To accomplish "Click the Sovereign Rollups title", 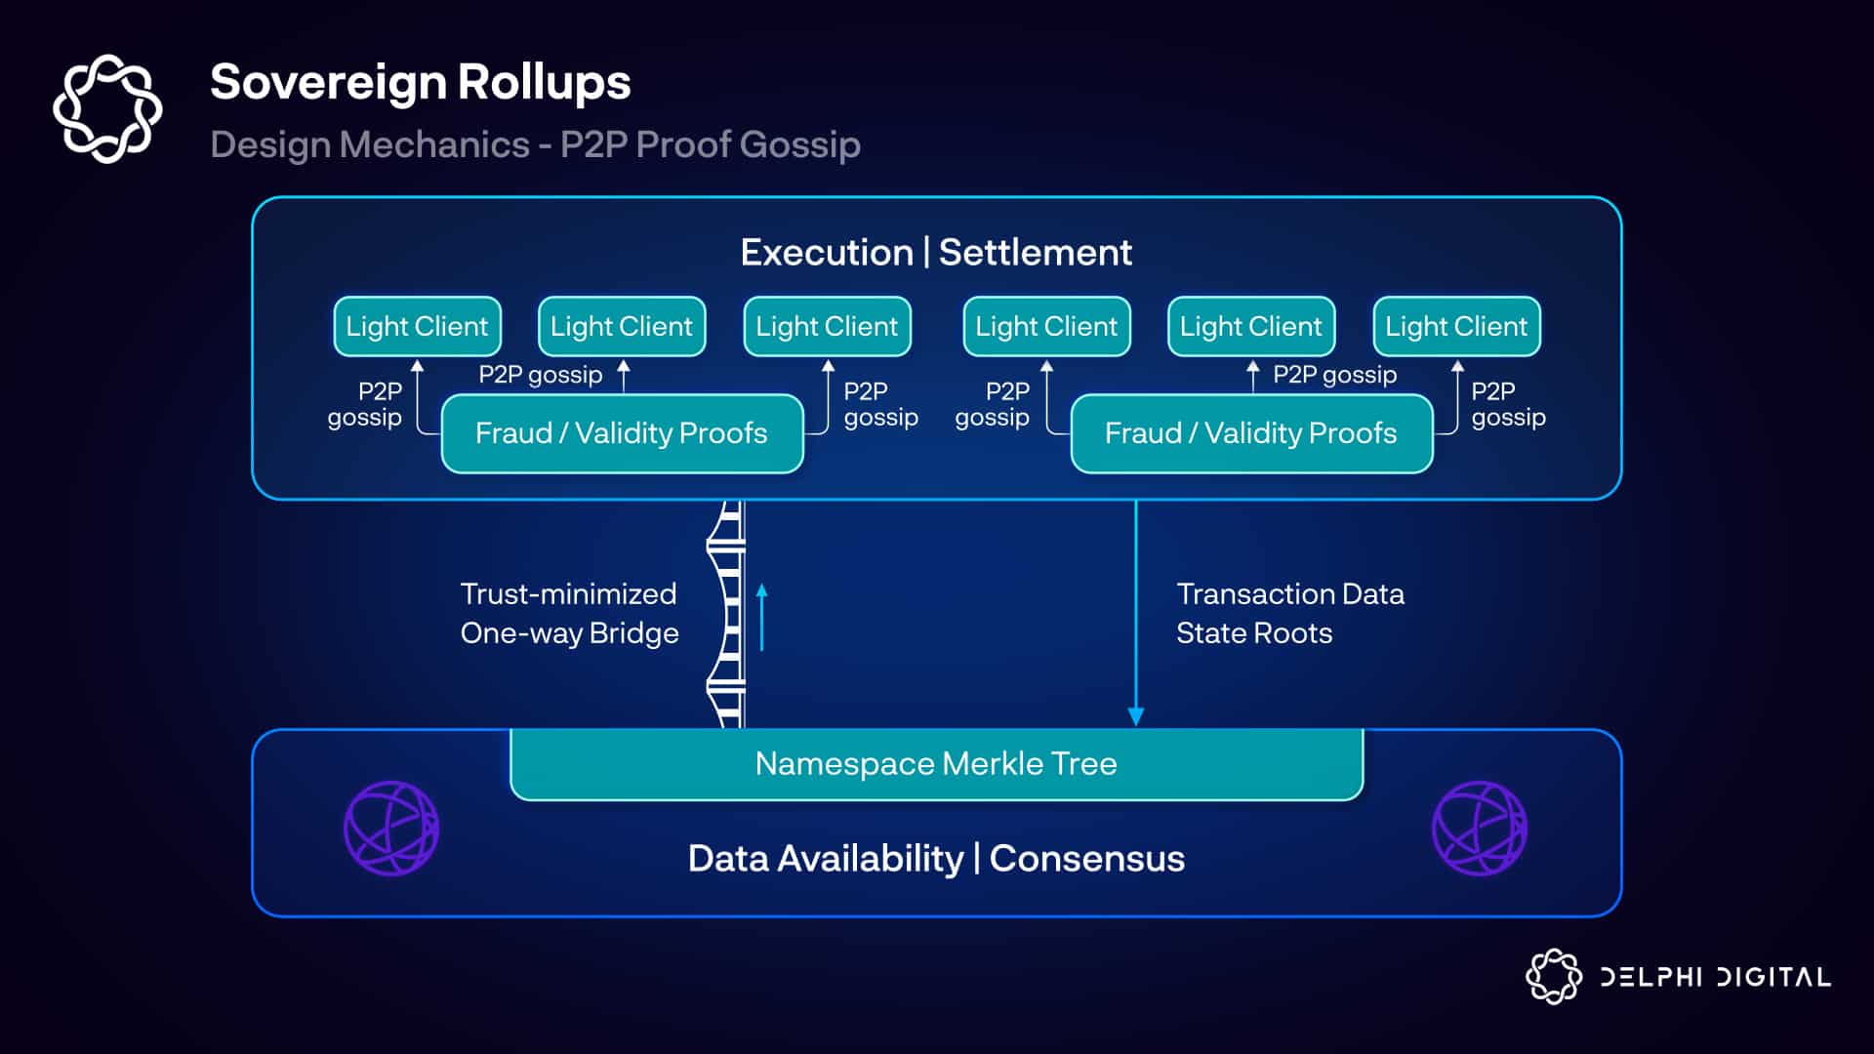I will (x=420, y=82).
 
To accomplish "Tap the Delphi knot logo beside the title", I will (x=107, y=108).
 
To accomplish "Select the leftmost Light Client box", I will (x=417, y=326).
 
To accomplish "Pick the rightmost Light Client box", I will (x=1456, y=326).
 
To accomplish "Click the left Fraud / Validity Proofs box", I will (x=622, y=433).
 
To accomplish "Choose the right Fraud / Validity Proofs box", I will (x=1251, y=433).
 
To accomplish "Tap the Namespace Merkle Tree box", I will (x=936, y=764).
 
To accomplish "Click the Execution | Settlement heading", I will (x=936, y=253).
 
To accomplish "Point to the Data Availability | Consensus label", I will (x=936, y=859).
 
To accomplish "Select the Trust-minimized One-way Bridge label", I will (x=569, y=614).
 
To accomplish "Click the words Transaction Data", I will (x=1290, y=594).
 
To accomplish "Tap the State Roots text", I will (x=1254, y=633).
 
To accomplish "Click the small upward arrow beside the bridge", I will (x=762, y=617).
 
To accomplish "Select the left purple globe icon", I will (x=391, y=829).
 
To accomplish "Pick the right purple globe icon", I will (x=1480, y=829).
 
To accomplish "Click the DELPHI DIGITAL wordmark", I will (x=1715, y=977).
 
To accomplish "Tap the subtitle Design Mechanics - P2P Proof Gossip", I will (x=535, y=144).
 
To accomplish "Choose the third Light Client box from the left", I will (x=827, y=326).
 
